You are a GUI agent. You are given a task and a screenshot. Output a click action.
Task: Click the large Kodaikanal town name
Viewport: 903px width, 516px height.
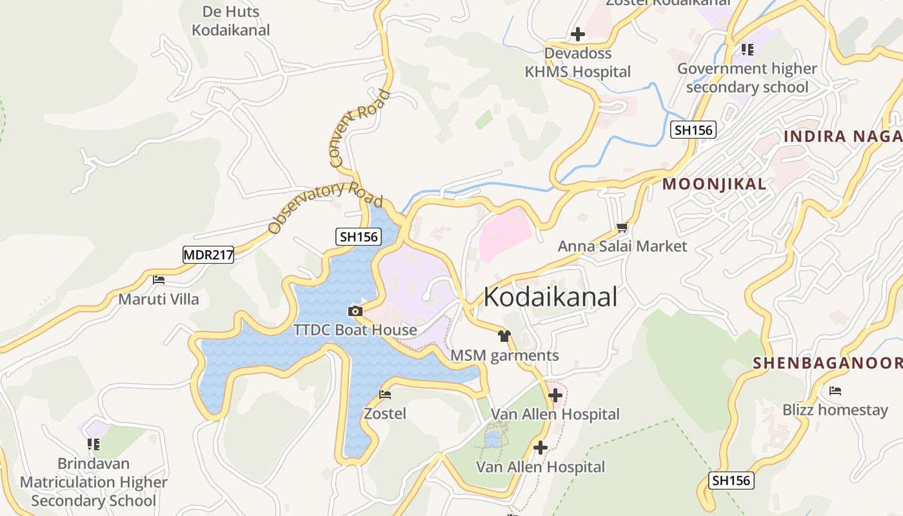550,297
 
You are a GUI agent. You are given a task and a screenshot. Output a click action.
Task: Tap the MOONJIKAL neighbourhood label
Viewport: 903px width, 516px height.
715,184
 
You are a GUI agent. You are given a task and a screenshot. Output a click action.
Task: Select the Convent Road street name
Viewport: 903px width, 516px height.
360,129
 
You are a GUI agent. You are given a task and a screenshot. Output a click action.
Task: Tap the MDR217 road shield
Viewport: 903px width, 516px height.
208,255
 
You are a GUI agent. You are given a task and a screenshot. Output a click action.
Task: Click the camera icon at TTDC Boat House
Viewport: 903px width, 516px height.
355,312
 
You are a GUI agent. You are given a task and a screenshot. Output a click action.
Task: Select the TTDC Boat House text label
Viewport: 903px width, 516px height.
355,330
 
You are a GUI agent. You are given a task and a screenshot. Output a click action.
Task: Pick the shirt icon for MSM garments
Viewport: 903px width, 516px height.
504,336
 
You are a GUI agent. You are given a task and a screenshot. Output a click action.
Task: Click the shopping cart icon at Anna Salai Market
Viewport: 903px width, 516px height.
622,228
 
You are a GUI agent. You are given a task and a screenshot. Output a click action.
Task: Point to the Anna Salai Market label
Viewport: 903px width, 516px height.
622,246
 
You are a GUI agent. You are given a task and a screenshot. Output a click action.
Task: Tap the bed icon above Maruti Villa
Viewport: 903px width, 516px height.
159,280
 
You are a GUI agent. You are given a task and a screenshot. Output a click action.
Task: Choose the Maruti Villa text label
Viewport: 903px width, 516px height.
159,299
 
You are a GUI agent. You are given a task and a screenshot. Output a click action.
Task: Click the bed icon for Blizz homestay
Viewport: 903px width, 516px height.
835,391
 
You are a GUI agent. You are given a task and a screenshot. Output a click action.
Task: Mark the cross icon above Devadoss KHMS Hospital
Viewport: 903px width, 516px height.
578,34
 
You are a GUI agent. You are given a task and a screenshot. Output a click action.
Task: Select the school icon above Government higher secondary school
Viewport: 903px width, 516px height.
747,49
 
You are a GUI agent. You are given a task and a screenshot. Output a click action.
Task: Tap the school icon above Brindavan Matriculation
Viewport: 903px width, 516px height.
94,444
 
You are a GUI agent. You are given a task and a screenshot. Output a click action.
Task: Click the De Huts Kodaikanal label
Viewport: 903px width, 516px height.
231,21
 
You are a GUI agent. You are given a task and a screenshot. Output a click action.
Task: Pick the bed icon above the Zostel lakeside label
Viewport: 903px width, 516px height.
385,394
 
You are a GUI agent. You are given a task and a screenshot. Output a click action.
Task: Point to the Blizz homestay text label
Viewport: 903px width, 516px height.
835,410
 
